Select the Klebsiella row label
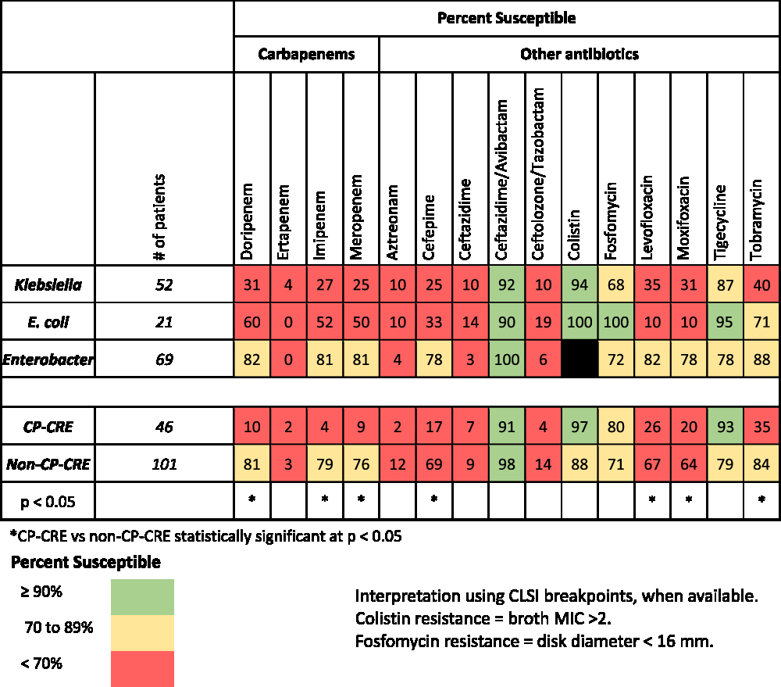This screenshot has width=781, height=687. coord(48,284)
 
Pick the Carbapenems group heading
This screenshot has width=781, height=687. coord(307,54)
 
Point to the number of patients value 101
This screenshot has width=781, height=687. coord(165,464)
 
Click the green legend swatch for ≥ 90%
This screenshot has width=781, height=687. coord(142,597)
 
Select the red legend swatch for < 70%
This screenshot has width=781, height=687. coord(142,668)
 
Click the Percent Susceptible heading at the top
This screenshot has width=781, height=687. coord(506,17)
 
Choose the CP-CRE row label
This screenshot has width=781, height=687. coord(48,428)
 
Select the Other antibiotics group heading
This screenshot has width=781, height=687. coord(580,54)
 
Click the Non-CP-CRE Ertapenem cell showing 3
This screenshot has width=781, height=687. coord(288,464)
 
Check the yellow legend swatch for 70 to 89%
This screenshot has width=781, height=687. coord(142,632)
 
